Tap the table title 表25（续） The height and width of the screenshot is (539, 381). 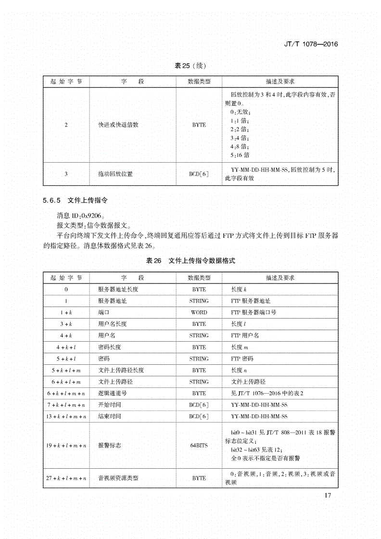190,66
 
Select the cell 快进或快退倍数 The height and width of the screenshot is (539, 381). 118,125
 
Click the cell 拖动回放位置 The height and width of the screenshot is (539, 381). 115,174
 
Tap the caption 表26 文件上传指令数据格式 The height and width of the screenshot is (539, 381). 190,260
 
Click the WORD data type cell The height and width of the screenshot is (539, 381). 199,312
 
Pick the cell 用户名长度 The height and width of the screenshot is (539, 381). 112,324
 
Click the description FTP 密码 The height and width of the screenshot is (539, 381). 242,359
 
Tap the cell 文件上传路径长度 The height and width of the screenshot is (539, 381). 121,370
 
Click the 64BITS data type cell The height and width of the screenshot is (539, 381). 199,445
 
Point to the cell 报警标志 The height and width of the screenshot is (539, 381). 109,445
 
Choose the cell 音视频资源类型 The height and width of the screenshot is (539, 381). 118,478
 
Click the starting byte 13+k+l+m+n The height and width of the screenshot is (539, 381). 66,416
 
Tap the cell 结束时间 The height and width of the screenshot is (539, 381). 109,416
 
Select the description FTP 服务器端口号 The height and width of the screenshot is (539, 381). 254,312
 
